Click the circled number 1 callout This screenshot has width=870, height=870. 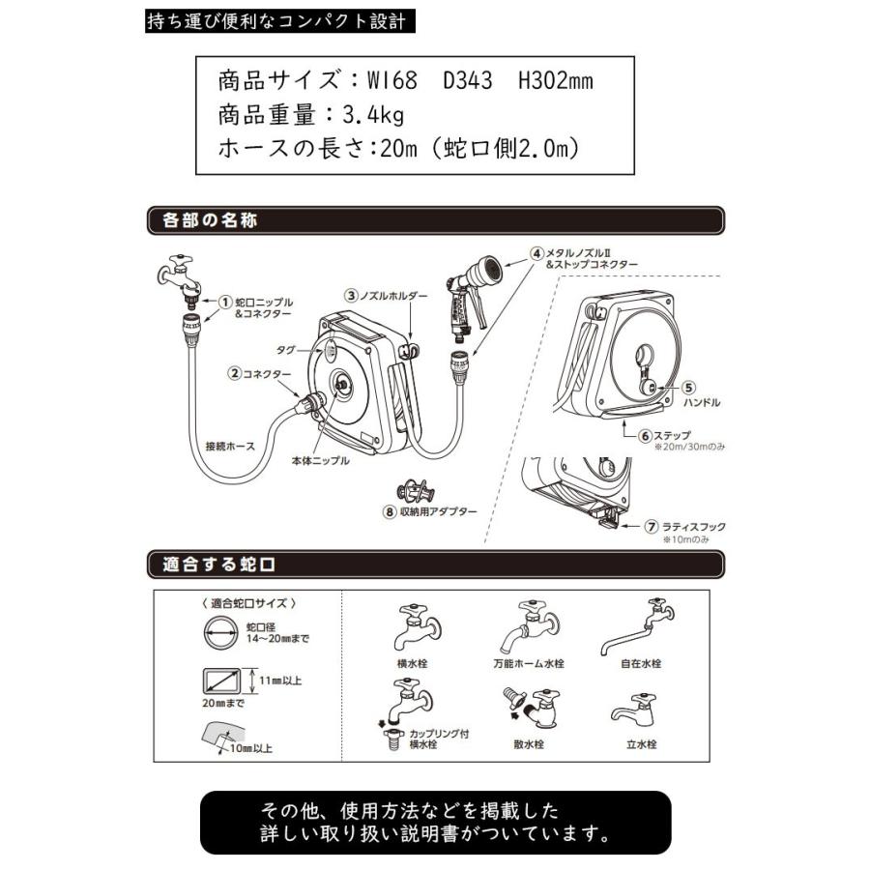(x=225, y=302)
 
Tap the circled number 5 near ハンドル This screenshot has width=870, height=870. (x=689, y=386)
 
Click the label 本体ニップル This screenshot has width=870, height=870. (x=319, y=461)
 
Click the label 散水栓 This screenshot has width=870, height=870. (x=531, y=745)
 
